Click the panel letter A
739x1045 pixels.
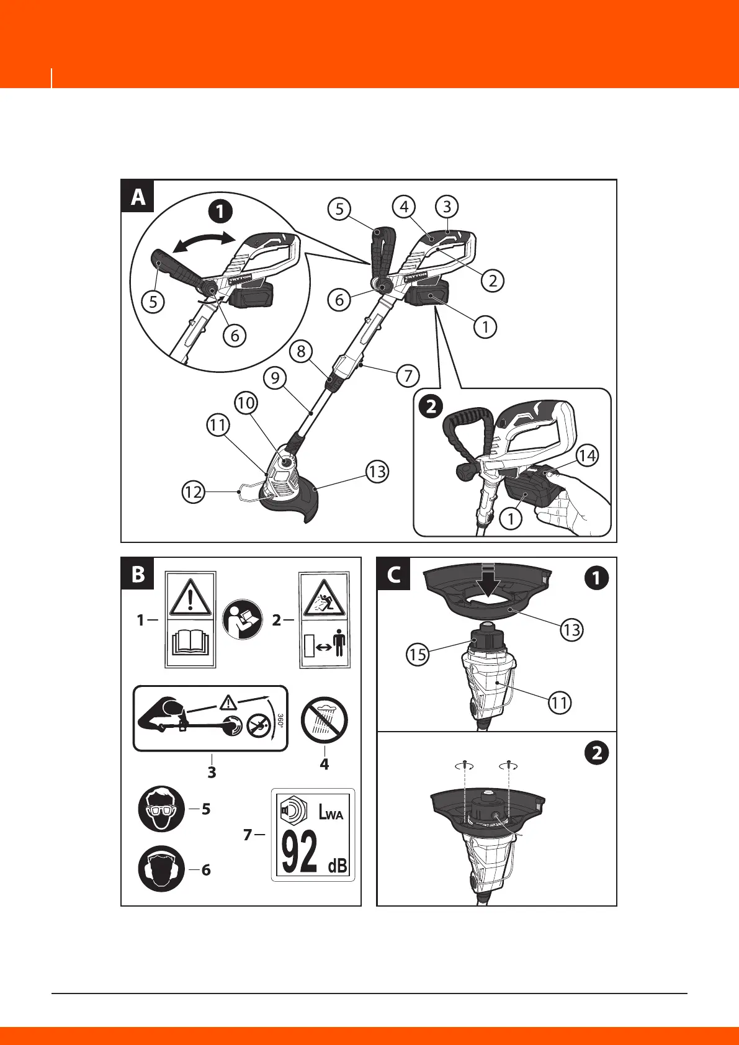[138, 197]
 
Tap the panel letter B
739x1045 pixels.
[138, 574]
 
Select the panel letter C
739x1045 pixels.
[393, 574]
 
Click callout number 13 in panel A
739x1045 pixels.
[377, 472]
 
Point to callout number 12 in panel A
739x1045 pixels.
[194, 492]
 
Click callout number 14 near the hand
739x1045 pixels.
[586, 456]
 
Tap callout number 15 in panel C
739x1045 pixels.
[418, 654]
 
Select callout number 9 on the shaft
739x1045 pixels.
[274, 377]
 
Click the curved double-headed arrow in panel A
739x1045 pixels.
[204, 243]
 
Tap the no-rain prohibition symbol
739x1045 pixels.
[324, 721]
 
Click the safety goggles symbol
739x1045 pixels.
[161, 809]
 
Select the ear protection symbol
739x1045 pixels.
[161, 869]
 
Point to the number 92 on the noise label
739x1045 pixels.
[299, 851]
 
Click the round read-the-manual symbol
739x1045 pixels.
[244, 621]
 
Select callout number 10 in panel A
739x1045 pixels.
[246, 403]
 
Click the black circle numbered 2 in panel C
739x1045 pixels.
[596, 753]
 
